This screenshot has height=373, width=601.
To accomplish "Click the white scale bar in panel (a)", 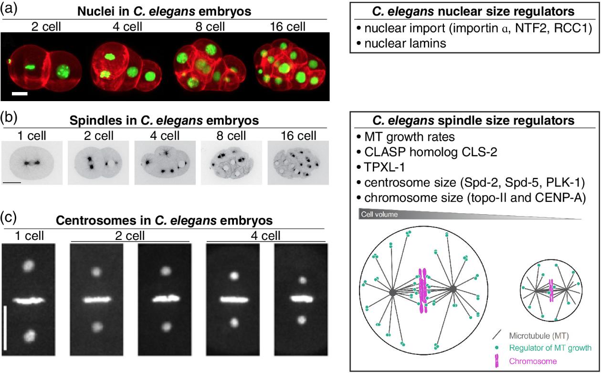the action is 20,93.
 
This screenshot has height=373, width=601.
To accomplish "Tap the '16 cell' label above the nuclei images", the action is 287,27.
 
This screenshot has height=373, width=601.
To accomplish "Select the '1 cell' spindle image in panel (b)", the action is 32,163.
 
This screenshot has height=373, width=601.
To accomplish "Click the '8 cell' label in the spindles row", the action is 231,135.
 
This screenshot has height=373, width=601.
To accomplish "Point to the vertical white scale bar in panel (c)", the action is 5,329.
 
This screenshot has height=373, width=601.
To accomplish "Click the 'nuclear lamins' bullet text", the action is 405,43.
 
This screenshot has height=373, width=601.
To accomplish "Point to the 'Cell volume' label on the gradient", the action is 379,214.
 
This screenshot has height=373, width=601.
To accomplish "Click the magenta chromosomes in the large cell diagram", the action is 423,291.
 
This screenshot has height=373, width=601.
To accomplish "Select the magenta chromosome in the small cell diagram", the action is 551,290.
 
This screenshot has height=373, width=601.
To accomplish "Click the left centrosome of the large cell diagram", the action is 393,292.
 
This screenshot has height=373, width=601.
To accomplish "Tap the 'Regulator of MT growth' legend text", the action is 550,348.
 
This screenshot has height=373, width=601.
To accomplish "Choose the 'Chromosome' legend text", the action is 533,361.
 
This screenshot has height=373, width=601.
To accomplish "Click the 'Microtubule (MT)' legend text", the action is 539,336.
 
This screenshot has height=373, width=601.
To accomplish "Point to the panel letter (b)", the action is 9,118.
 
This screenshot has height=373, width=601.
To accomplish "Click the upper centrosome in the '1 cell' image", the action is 28,266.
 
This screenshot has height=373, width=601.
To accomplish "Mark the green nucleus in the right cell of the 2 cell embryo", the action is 63,72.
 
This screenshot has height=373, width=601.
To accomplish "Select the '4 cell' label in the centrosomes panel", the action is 265,236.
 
